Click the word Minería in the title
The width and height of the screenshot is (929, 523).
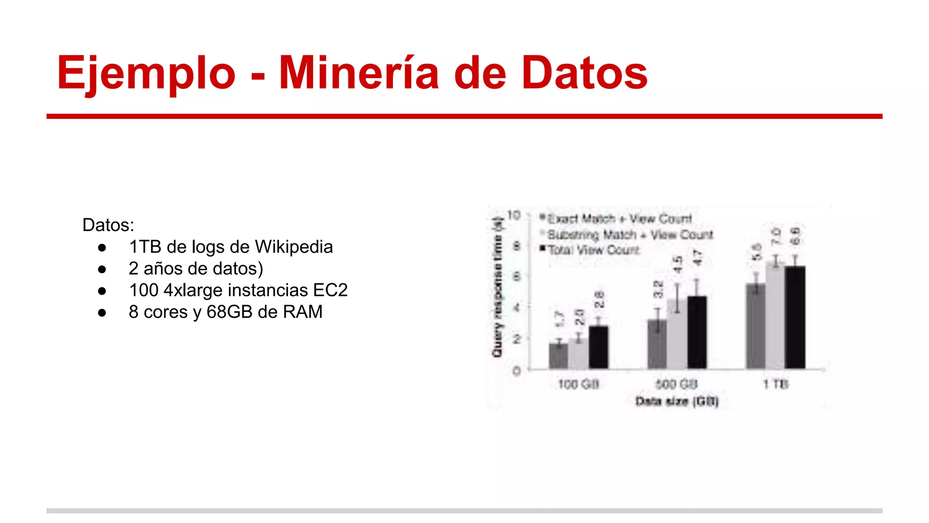pos(358,73)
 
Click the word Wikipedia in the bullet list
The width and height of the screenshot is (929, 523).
pos(294,247)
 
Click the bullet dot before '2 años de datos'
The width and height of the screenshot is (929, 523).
pos(102,269)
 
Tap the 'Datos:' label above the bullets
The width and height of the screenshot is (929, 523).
pos(108,225)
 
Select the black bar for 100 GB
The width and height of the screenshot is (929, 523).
pos(598,347)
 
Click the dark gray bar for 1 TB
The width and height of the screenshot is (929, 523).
pos(756,326)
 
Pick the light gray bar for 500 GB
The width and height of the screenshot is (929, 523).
pos(677,334)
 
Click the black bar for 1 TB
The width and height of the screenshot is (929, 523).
pos(795,317)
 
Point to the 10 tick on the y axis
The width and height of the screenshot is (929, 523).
pos(513,215)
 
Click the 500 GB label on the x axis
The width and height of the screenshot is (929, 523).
pos(676,385)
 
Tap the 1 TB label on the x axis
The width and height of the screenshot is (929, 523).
pos(776,385)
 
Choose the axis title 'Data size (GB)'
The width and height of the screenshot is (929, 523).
pos(677,401)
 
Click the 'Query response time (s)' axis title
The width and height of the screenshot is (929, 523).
pos(498,287)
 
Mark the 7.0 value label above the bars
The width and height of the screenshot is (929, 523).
pos(776,236)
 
